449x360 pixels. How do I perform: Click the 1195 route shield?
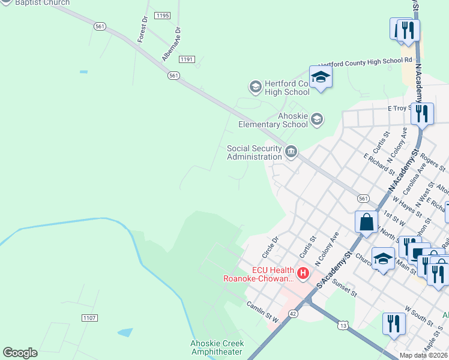point(161,14)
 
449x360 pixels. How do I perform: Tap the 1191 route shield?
point(187,59)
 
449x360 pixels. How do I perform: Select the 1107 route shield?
point(89,317)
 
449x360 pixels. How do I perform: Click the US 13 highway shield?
point(343,325)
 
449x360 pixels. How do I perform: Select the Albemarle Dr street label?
point(170,44)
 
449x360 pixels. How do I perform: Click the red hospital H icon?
point(303,274)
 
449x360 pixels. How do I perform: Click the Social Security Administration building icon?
point(291,151)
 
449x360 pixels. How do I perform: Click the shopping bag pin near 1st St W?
point(366,221)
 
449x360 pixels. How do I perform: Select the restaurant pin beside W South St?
point(394,323)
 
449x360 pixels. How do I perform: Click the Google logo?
point(20,353)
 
